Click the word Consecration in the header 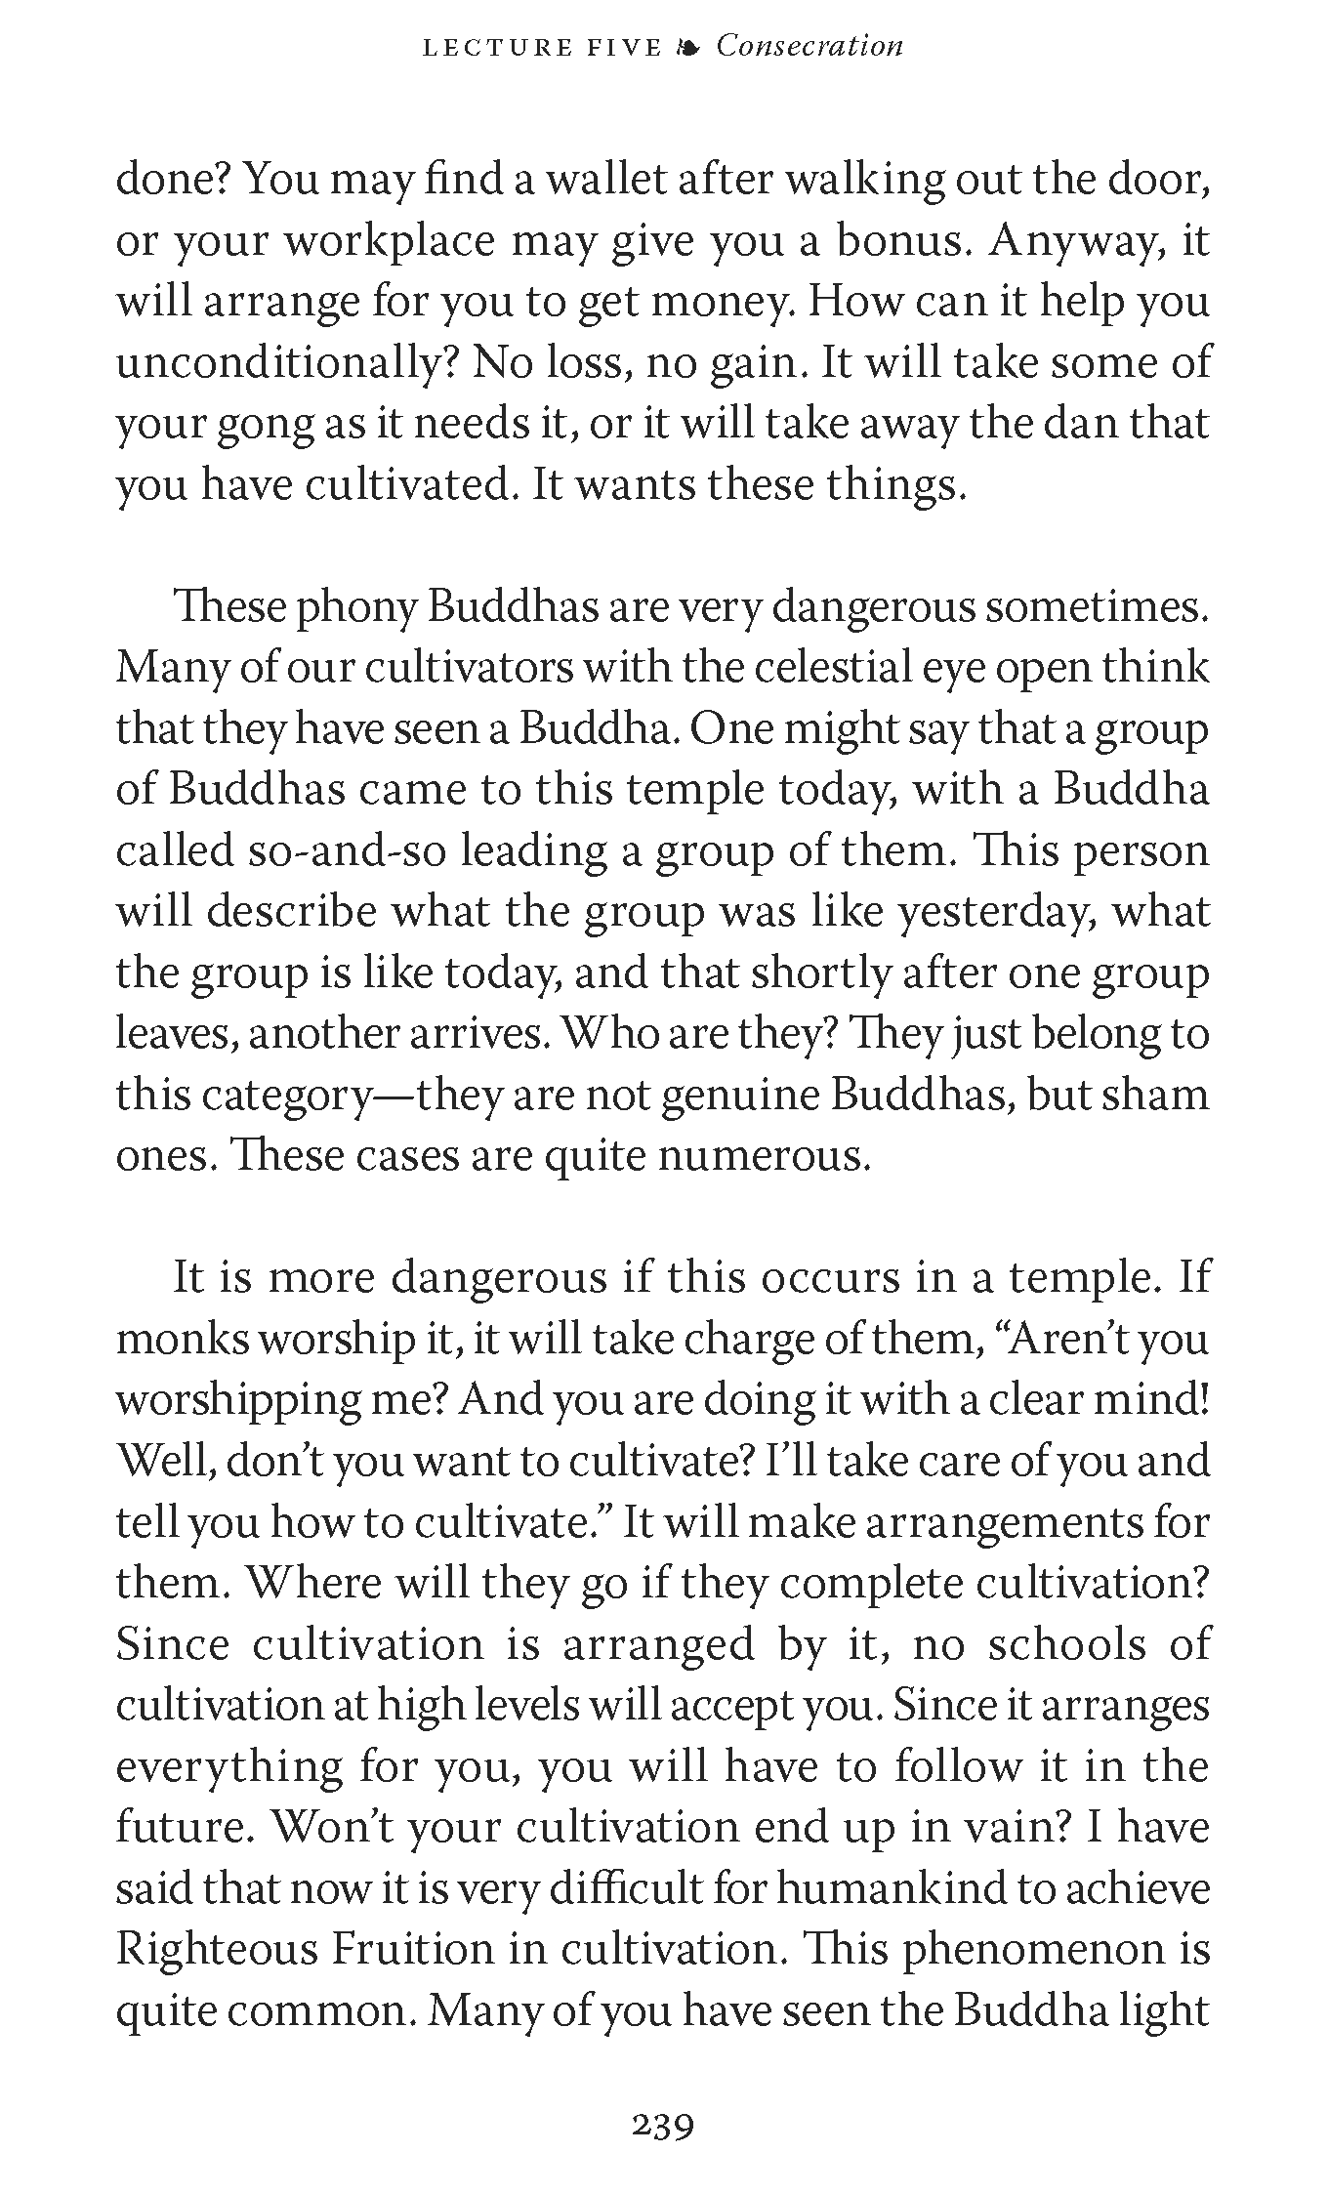pos(809,46)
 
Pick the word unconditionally pos(285,363)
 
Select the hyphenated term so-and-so pos(349,851)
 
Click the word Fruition pos(413,1950)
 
